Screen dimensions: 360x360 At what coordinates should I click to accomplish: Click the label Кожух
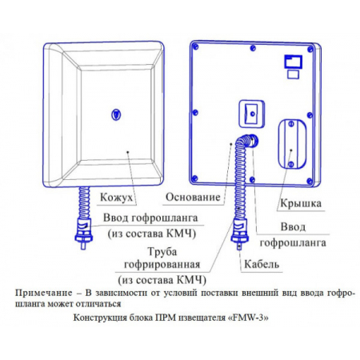[116, 198]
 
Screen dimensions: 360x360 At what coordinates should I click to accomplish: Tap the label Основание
[193, 197]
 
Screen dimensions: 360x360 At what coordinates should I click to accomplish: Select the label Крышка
[301, 203]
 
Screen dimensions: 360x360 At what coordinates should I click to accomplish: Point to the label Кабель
[262, 264]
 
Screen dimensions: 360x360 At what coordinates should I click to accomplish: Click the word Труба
[162, 251]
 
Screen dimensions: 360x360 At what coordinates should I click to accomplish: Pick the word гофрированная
[162, 265]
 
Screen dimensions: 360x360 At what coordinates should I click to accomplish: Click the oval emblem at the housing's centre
[116, 114]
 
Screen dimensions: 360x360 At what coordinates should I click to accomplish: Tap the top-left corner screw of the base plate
[195, 46]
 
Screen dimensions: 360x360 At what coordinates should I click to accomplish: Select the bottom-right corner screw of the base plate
[310, 181]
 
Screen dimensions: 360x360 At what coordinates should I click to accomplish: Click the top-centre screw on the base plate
[253, 48]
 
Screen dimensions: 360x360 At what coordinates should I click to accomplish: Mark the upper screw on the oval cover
[291, 124]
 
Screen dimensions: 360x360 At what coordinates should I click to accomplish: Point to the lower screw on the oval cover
[291, 164]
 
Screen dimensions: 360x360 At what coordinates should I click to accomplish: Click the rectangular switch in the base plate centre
[251, 114]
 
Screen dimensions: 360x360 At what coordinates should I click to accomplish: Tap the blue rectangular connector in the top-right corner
[294, 62]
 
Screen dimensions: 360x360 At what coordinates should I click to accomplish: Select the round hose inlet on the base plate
[253, 141]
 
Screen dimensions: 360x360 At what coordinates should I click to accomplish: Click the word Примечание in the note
[44, 293]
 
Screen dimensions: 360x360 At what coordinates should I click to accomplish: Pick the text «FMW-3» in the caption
[249, 318]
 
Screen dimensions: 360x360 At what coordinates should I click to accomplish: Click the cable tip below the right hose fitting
[239, 246]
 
